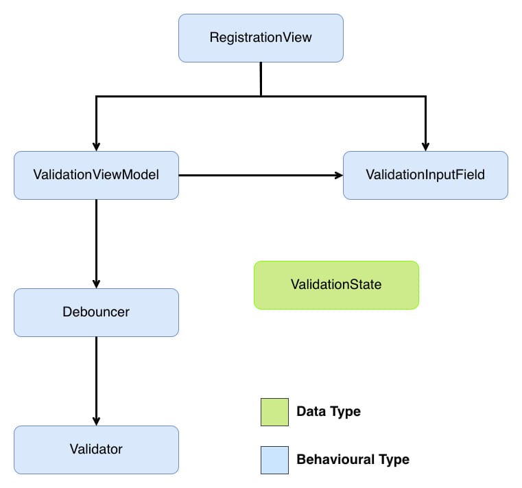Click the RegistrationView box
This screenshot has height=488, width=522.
[261, 38]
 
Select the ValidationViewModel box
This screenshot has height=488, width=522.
[96, 175]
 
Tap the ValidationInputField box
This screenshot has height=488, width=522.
[425, 175]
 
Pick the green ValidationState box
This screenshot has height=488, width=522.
[336, 285]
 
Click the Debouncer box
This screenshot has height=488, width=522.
[96, 312]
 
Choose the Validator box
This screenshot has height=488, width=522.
[96, 450]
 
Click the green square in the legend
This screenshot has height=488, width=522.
[274, 412]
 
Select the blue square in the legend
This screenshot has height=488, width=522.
[274, 460]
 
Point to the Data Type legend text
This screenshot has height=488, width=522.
[328, 412]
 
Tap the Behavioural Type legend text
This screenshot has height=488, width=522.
[353, 460]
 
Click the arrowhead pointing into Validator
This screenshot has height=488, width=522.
[96, 420]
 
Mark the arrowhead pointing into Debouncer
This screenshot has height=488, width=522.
[96, 283]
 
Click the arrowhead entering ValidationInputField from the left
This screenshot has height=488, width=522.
[338, 175]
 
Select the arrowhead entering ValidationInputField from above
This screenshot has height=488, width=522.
[425, 146]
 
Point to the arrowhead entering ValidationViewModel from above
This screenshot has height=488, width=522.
[96, 146]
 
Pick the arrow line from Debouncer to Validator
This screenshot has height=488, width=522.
[96, 377]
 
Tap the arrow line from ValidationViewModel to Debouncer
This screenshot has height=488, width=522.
[96, 240]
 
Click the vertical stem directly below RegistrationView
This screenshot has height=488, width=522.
[261, 79]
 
